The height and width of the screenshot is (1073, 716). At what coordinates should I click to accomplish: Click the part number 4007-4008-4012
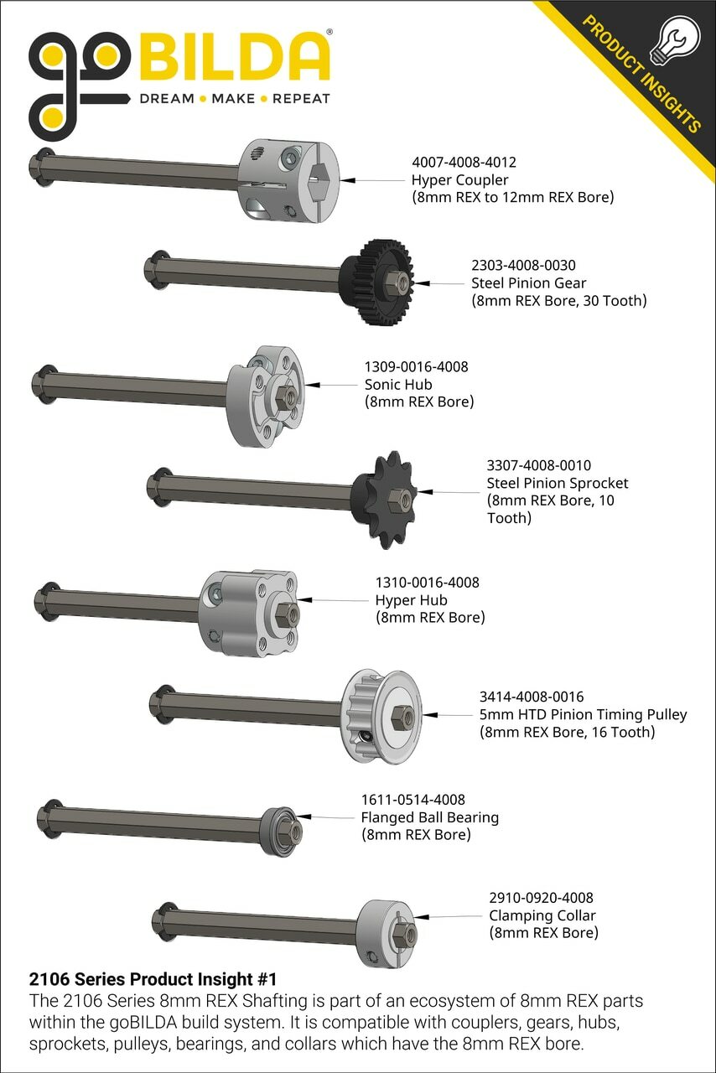click(x=464, y=162)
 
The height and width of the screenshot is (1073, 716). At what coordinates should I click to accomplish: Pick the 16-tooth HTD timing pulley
click(x=381, y=715)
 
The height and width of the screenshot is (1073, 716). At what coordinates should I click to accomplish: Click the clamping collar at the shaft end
click(x=386, y=934)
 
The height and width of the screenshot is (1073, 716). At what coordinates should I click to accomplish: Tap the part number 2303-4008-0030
click(x=523, y=264)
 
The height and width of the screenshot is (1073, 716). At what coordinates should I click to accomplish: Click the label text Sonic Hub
click(x=398, y=384)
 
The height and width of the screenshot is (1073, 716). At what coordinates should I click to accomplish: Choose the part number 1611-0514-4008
click(x=413, y=799)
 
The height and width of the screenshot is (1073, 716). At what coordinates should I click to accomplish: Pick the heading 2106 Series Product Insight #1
click(x=153, y=978)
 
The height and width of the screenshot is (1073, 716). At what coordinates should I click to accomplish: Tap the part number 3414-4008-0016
click(x=532, y=697)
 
